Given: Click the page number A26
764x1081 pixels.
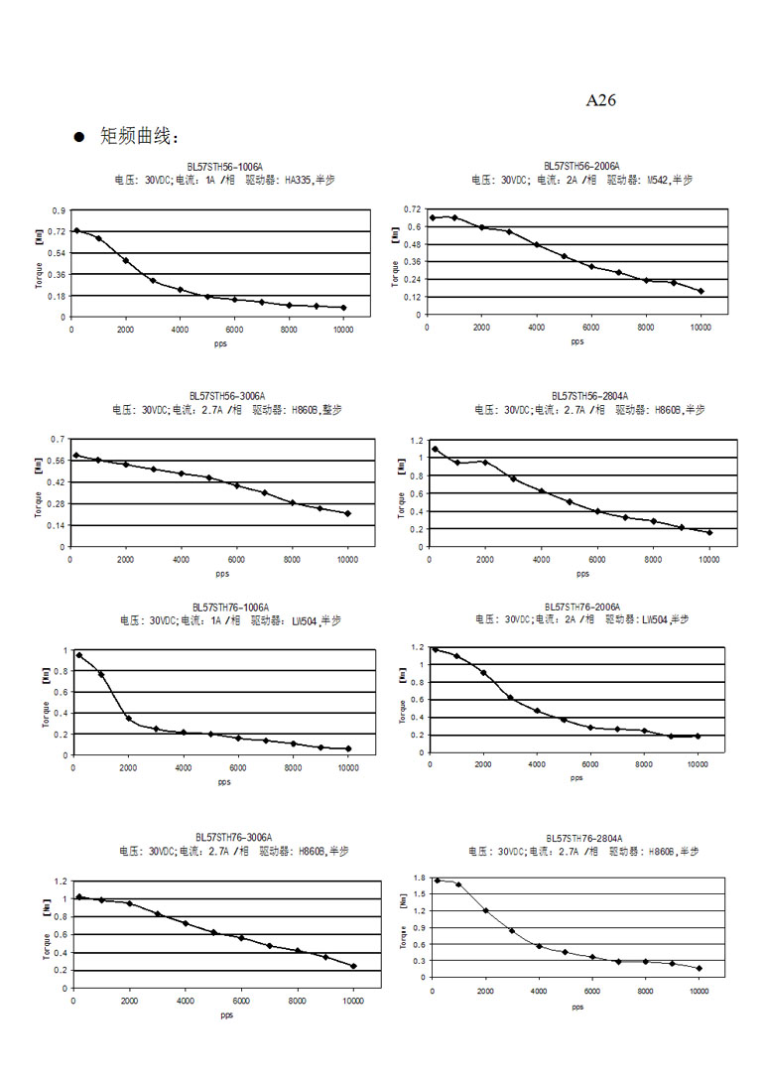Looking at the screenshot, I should [x=602, y=100].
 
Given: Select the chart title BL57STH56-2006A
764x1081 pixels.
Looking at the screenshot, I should [x=581, y=166].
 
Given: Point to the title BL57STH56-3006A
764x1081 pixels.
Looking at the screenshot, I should [x=227, y=395].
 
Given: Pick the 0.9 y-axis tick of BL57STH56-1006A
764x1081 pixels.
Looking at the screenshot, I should [x=59, y=210].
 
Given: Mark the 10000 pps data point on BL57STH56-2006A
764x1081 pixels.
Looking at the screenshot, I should [x=700, y=291].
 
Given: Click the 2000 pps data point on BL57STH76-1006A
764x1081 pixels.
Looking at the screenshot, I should [x=128, y=718].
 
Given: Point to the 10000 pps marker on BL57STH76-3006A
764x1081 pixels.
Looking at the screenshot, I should [x=353, y=966].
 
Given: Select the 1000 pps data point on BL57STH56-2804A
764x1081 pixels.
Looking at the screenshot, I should [x=457, y=463].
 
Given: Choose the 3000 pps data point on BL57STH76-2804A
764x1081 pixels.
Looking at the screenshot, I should [x=512, y=930].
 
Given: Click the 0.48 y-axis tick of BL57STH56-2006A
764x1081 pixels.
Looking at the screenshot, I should [x=412, y=244].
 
